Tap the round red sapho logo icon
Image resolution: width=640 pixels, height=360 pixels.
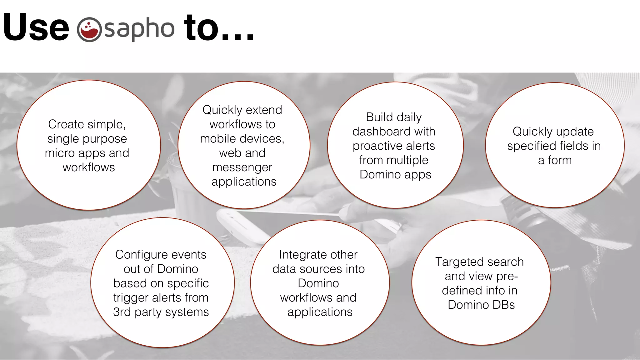click(89, 29)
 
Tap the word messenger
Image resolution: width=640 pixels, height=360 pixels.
click(242, 167)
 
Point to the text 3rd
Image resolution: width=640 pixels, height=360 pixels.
click(122, 312)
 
